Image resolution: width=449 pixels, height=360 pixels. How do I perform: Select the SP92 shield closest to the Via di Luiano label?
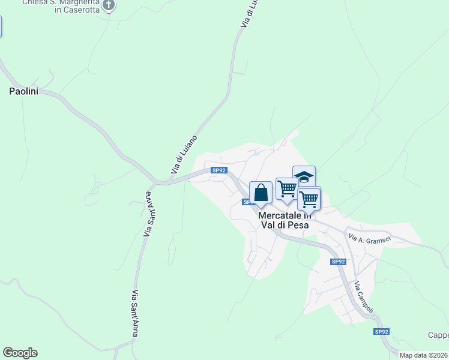click(x=219, y=170)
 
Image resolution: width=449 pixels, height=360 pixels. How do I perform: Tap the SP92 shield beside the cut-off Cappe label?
click(x=382, y=332)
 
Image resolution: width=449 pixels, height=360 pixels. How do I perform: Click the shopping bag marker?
click(x=261, y=193)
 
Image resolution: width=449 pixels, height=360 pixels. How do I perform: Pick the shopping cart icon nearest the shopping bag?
click(x=288, y=189)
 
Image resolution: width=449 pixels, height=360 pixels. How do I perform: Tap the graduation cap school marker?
click(x=304, y=176)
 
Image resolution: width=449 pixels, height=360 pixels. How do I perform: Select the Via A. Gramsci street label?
click(x=370, y=239)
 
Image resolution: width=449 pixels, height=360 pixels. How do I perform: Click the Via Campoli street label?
click(x=364, y=298)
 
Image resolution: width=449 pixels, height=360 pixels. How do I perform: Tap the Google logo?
click(x=20, y=353)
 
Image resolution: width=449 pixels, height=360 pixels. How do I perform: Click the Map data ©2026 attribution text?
click(x=424, y=355)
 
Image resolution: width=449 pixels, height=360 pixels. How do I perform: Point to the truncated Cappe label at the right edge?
click(x=438, y=335)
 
